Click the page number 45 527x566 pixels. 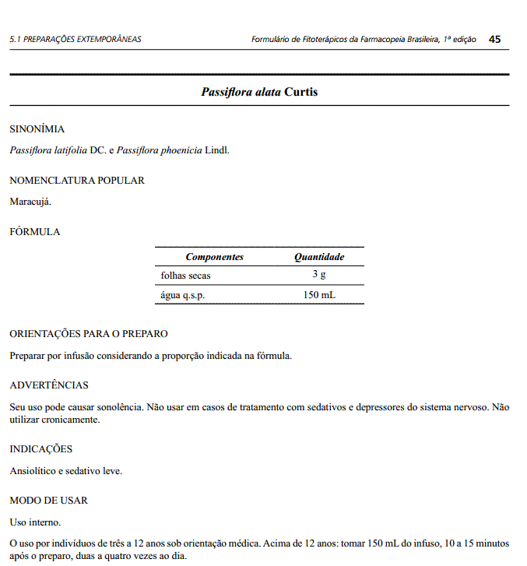[495, 39]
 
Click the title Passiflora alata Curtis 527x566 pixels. [259, 92]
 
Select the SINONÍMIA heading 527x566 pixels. [37, 129]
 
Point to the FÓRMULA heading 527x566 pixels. [34, 232]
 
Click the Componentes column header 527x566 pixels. [214, 257]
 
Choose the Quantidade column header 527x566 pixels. [319, 257]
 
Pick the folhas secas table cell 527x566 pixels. [185, 276]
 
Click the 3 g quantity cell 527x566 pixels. [319, 275]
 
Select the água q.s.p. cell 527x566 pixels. [183, 295]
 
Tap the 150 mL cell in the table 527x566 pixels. [319, 295]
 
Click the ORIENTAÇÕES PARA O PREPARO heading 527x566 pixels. [89, 334]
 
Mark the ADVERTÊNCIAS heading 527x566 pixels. [49, 385]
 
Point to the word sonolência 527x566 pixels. [119, 406]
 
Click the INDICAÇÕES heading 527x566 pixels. [40, 449]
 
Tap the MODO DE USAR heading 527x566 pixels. [48, 501]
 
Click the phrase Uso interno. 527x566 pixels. [35, 522]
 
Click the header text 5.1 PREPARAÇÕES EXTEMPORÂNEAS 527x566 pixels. [76, 39]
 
